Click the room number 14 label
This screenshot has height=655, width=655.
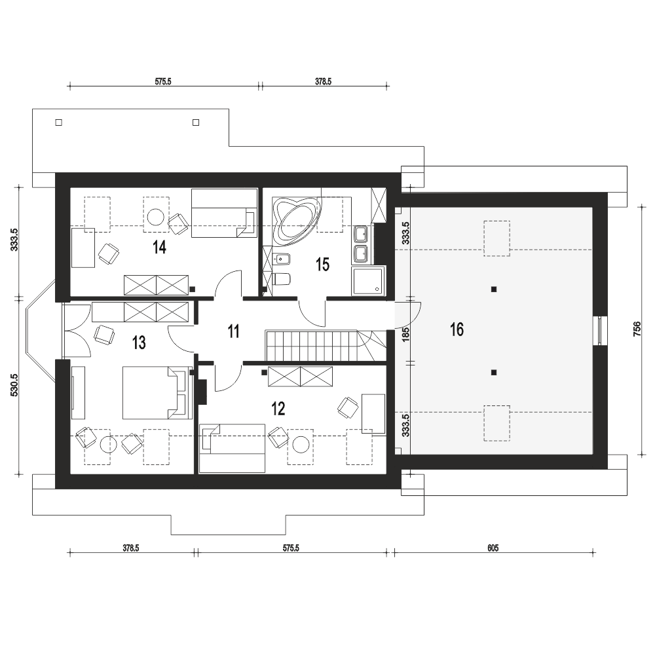pos(160,247)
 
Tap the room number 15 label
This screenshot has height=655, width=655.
pos(322,265)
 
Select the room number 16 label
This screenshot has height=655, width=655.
pos(457,329)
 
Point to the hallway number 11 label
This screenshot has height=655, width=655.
pos(234,331)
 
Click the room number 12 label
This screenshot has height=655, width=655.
pos(278,408)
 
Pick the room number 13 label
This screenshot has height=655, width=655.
pos(139,343)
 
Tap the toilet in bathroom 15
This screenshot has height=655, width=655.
pos(281,278)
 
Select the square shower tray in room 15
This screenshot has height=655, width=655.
pos(367,281)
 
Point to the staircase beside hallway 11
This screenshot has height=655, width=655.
pos(326,346)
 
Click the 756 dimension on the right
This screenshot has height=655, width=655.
pos(637,329)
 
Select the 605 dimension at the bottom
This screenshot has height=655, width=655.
pos(493,548)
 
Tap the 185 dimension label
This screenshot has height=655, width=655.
pos(405,334)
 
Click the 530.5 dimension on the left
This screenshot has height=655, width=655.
pos(14,384)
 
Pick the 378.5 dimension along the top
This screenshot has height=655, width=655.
pos(324,81)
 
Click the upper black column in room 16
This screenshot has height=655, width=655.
pos(494,289)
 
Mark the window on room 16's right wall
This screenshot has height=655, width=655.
pos(600,330)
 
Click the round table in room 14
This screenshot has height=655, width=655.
pos(157,216)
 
